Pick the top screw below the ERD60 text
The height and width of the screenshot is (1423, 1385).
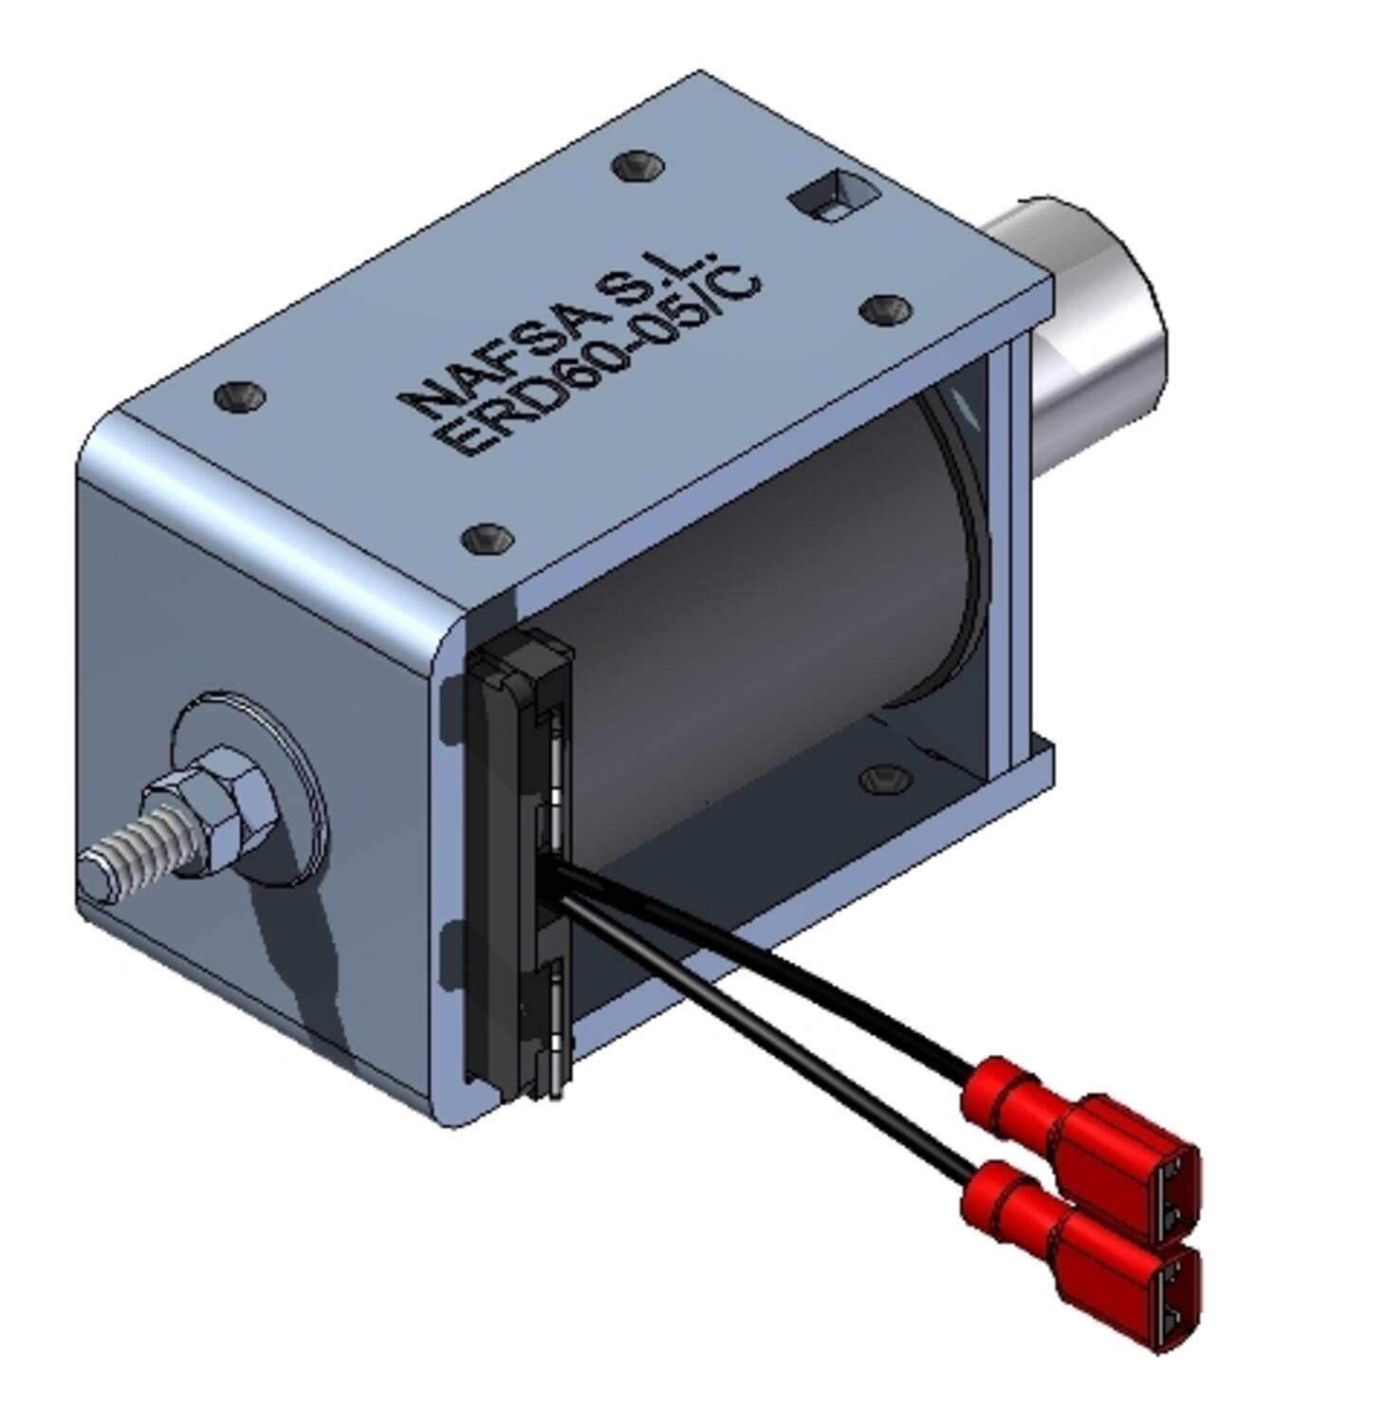[489, 539]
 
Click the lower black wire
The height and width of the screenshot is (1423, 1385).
[759, 1025]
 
